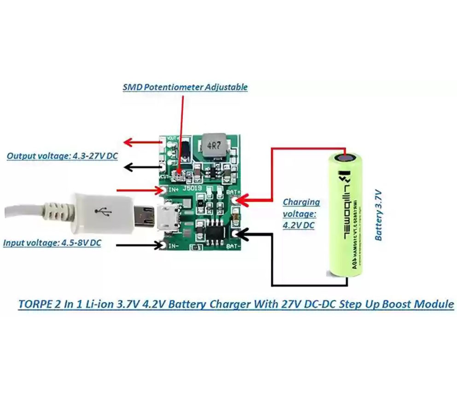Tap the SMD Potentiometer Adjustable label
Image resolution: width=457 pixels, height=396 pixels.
(185, 87)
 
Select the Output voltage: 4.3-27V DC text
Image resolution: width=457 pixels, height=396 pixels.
(62, 156)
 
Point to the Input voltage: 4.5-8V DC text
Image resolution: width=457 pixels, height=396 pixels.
(52, 242)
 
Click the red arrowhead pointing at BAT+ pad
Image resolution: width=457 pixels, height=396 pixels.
(243, 200)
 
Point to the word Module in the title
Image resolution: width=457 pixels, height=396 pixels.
(434, 305)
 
